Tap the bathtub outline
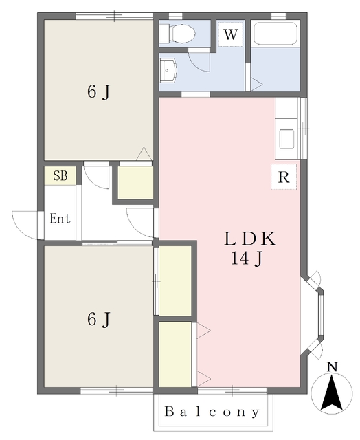275,33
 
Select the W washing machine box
231,34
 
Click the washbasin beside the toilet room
168,70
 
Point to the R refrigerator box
284,177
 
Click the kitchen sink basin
286,139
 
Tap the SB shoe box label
60,176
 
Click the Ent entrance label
60,219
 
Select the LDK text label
250,239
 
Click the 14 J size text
247,258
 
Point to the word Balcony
212,412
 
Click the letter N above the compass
333,367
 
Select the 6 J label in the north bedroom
98,91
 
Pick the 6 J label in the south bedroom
98,319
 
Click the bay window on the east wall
314,315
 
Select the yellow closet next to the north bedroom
135,183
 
